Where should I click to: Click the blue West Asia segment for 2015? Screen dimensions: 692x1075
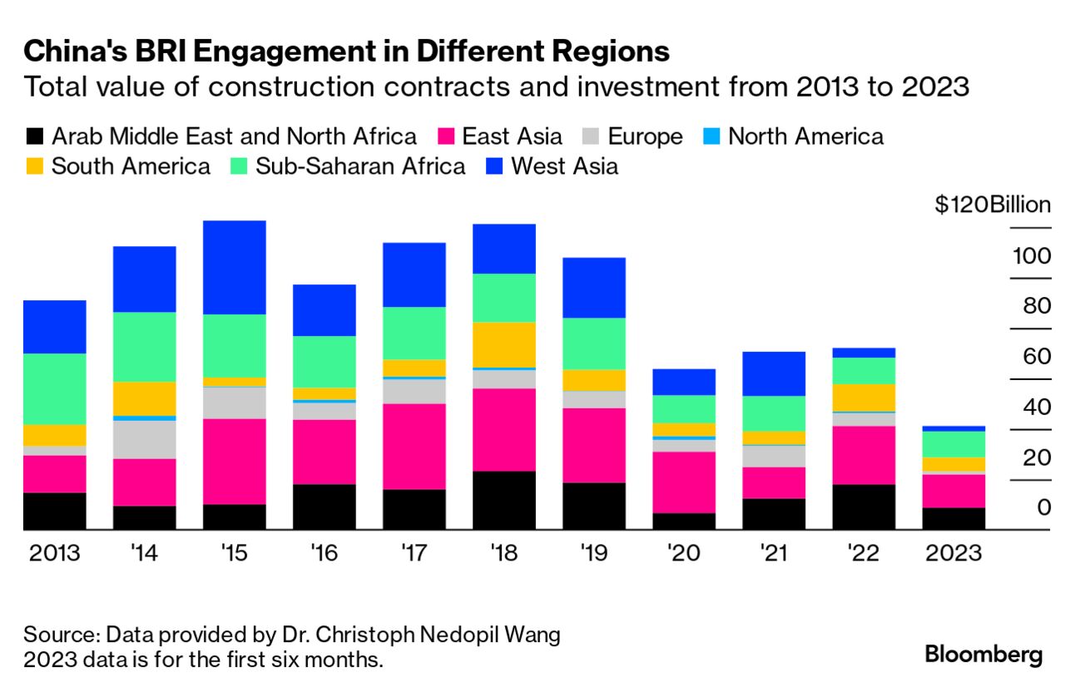(x=235, y=267)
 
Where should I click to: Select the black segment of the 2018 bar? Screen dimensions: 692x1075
(x=504, y=501)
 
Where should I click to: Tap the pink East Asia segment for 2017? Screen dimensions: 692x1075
(x=414, y=447)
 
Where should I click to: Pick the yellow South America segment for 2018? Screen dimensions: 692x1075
(x=504, y=344)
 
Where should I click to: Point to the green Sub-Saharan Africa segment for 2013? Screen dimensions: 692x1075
(x=55, y=389)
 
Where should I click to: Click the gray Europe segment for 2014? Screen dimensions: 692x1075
(x=145, y=439)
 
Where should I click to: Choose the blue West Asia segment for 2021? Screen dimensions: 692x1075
(x=774, y=373)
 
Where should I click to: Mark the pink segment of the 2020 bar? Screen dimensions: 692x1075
(x=684, y=482)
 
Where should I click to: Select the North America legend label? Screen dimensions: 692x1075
(x=805, y=136)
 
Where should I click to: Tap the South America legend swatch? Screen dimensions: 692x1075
(x=34, y=166)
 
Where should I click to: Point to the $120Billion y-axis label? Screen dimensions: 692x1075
(x=992, y=205)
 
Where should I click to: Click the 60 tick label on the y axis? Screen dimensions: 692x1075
(x=1032, y=357)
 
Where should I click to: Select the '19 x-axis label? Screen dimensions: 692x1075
(x=593, y=553)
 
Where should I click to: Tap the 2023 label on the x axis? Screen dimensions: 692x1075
(x=954, y=553)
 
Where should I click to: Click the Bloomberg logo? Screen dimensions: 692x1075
(x=983, y=654)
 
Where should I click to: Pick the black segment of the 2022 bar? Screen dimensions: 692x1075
(x=864, y=507)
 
